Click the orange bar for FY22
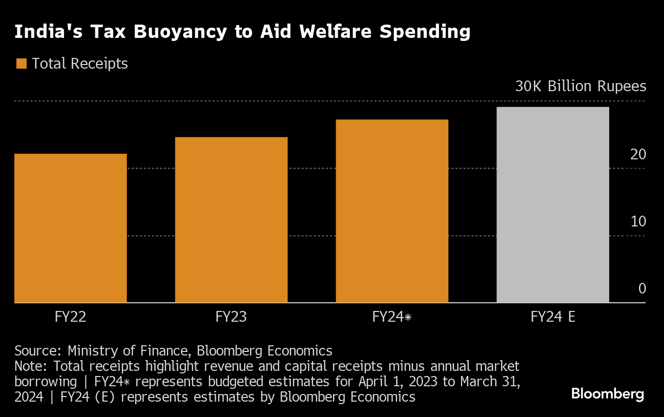tap(71, 228)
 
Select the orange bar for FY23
tap(231, 220)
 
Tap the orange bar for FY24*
tap(392, 211)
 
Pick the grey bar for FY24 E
tap(553, 205)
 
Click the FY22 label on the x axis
tap(70, 317)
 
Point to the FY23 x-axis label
tap(231, 317)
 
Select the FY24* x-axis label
tap(392, 317)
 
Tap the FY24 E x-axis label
tap(553, 317)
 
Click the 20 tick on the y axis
tap(638, 154)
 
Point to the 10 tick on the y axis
tap(638, 221)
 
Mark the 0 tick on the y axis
tap(642, 288)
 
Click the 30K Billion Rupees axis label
tap(580, 86)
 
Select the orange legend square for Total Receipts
tap(21, 64)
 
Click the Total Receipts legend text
tap(79, 64)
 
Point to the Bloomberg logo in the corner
tap(607, 394)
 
